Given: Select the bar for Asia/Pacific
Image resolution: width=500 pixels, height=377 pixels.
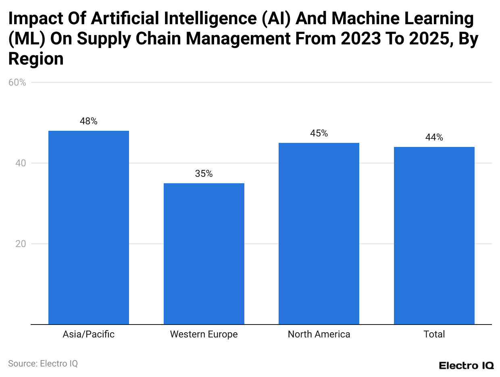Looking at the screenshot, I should (x=89, y=227).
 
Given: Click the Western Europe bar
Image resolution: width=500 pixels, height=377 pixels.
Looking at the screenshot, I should (x=204, y=253).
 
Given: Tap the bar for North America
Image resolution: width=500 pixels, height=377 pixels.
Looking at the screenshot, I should (x=319, y=233).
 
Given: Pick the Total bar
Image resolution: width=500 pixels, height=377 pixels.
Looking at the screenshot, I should (x=434, y=235).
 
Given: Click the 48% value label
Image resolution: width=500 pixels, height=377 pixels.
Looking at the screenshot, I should (x=89, y=121).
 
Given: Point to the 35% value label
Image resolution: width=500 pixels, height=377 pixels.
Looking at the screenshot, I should (x=204, y=174).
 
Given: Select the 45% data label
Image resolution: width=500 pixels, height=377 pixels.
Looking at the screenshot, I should (x=319, y=133).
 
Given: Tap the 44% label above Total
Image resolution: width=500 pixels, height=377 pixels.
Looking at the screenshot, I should (x=434, y=137).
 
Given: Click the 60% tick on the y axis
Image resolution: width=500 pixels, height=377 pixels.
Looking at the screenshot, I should (x=17, y=82).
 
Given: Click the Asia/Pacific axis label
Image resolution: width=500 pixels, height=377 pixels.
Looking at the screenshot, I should (x=89, y=334).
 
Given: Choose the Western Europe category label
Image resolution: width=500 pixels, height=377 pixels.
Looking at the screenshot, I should (x=204, y=334).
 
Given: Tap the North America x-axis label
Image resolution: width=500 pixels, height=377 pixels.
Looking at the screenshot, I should (x=319, y=334).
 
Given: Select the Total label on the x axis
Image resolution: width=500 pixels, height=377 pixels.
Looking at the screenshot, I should (x=434, y=334).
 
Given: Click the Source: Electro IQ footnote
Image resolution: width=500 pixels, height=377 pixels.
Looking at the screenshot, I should (x=43, y=363).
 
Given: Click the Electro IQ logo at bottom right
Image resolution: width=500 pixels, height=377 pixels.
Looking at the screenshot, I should (x=466, y=365).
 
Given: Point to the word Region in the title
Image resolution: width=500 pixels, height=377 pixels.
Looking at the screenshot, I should (x=36, y=59).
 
